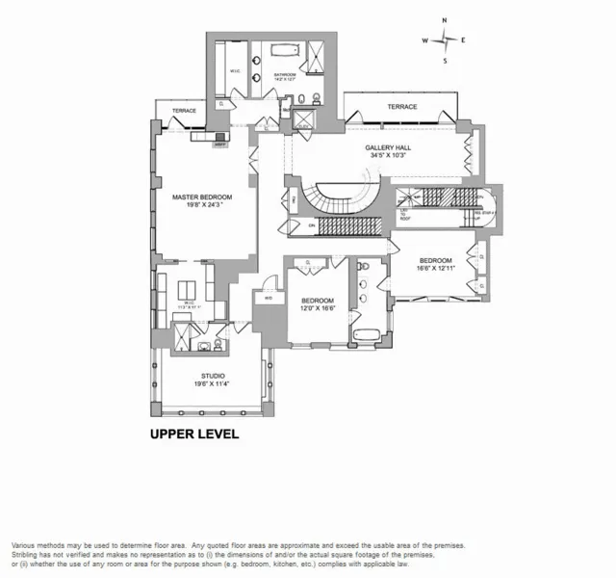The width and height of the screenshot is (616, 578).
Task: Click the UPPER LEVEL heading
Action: (193, 433)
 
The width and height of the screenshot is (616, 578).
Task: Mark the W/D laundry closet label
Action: (268, 298)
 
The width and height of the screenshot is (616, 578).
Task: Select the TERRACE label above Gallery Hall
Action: (402, 107)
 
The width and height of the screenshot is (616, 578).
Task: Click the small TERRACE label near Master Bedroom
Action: (184, 111)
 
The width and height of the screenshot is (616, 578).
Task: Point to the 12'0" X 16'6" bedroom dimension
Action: (317, 305)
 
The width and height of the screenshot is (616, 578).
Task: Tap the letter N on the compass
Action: (444, 20)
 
